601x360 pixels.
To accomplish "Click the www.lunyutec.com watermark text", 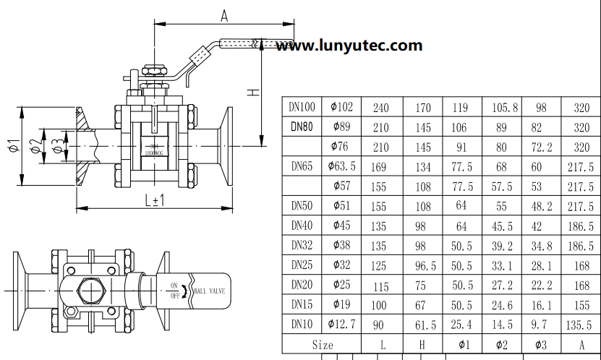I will tap(349, 46).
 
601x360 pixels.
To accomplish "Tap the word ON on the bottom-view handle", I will tap(174, 285).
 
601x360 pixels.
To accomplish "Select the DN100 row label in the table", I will tap(302, 107).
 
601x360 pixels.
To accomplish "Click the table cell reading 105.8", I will tap(505, 108).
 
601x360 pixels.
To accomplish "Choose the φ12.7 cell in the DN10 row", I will tap(341, 325).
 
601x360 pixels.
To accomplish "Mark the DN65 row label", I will tap(302, 166).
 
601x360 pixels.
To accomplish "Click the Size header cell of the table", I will tap(322, 345).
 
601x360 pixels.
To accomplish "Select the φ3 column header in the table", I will tap(540, 345).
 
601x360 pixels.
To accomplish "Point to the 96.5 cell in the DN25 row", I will tap(423, 266).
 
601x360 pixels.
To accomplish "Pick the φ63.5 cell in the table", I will tap(341, 166).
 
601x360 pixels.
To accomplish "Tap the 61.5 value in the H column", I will tap(423, 325).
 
